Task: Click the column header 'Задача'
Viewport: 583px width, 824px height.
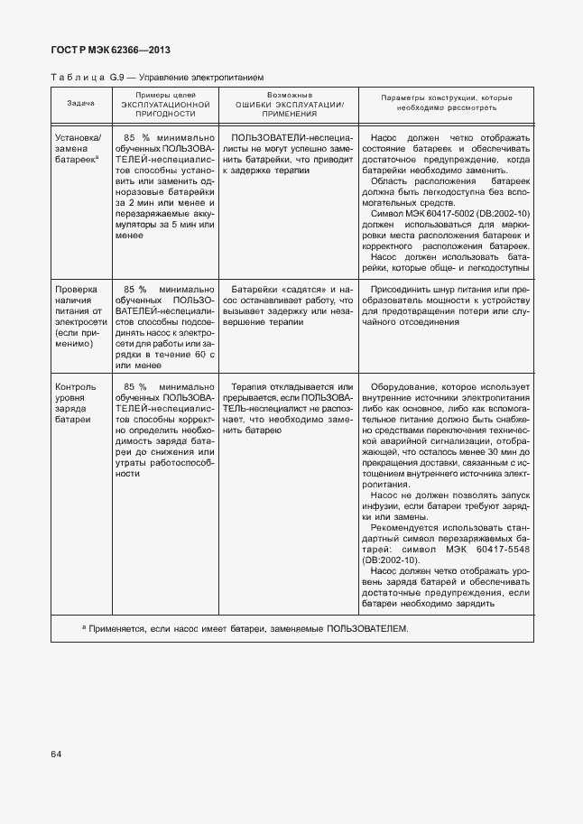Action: (x=80, y=105)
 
